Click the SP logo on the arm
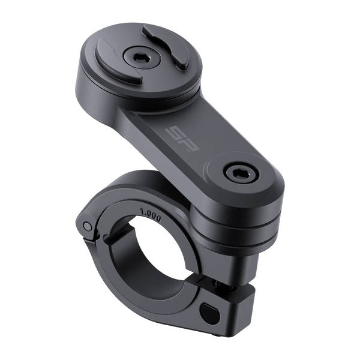point(183,140)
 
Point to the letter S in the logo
point(175,134)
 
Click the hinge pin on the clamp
point(88,226)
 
